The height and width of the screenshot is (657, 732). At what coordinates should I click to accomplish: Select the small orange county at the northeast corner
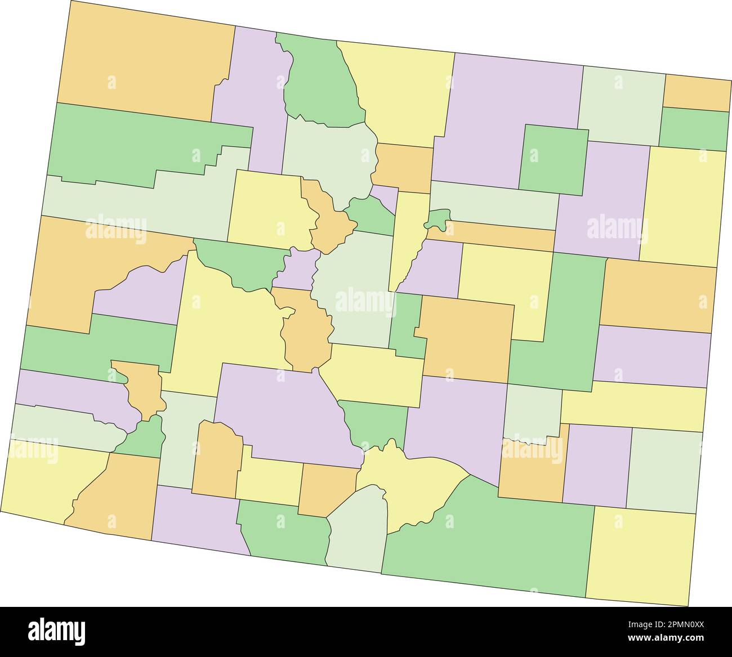(697, 93)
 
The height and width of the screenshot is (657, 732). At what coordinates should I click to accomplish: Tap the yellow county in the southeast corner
(642, 555)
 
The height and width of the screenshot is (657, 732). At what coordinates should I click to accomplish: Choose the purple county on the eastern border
(653, 356)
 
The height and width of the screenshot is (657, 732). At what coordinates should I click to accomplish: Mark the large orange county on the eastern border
(659, 296)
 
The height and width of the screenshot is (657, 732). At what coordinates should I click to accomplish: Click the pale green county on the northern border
(622, 104)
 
